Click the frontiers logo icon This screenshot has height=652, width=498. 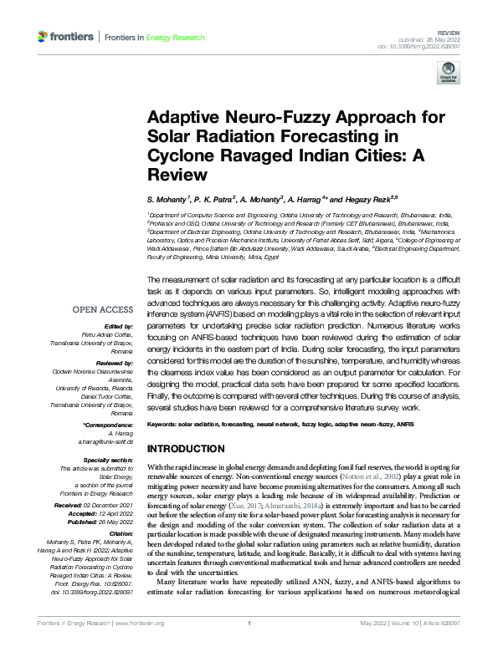(44, 37)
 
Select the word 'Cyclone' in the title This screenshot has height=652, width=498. (179, 156)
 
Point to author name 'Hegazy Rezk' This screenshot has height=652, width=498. (323, 201)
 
